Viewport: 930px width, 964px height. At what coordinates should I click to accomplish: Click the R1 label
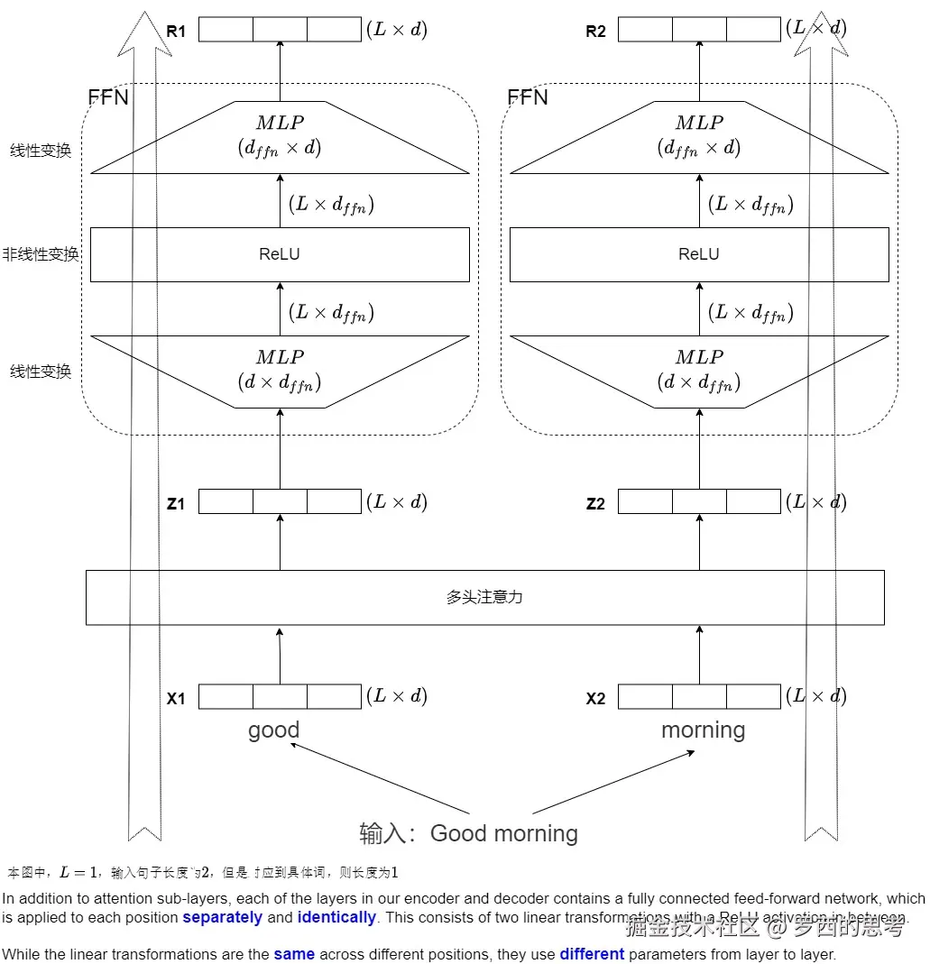click(176, 32)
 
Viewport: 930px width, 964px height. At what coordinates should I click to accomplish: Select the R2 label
click(595, 32)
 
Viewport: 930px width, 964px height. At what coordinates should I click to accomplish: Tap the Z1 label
click(176, 504)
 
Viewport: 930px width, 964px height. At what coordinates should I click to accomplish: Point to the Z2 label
click(595, 504)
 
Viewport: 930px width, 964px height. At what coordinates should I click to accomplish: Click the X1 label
click(176, 698)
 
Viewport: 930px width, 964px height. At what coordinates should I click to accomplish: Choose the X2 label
click(595, 698)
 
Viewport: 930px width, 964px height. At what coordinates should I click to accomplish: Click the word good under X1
click(273, 730)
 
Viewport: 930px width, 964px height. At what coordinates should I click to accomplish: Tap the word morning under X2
click(703, 730)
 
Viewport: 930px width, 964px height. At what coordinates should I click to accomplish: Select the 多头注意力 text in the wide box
click(484, 597)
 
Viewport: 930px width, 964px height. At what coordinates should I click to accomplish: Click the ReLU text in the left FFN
click(279, 254)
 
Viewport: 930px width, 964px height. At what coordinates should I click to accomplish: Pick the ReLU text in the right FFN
click(699, 254)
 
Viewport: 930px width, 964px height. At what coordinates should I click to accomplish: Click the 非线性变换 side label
click(41, 254)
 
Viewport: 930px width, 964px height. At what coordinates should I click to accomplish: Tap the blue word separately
click(222, 917)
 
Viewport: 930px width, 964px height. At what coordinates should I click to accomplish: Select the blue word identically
click(336, 917)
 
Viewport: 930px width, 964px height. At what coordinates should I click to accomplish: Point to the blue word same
click(294, 954)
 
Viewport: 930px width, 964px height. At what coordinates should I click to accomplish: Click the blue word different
click(592, 954)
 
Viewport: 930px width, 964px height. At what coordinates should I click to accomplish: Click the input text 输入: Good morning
click(468, 833)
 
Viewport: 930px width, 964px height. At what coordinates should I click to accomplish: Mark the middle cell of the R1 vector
click(280, 29)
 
